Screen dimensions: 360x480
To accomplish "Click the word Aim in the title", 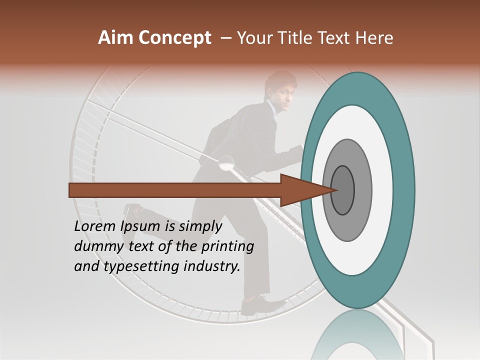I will [x=116, y=38].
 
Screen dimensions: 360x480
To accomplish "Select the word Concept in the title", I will [x=174, y=38].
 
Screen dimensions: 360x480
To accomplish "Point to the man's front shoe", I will [x=260, y=305].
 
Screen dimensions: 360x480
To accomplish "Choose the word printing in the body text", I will [x=228, y=247].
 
